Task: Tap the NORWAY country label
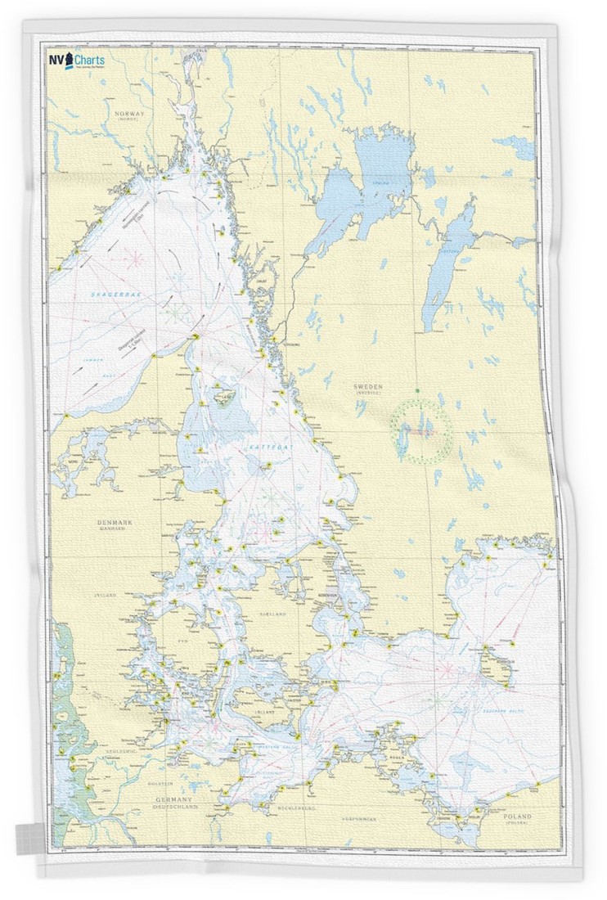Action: [x=130, y=114]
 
